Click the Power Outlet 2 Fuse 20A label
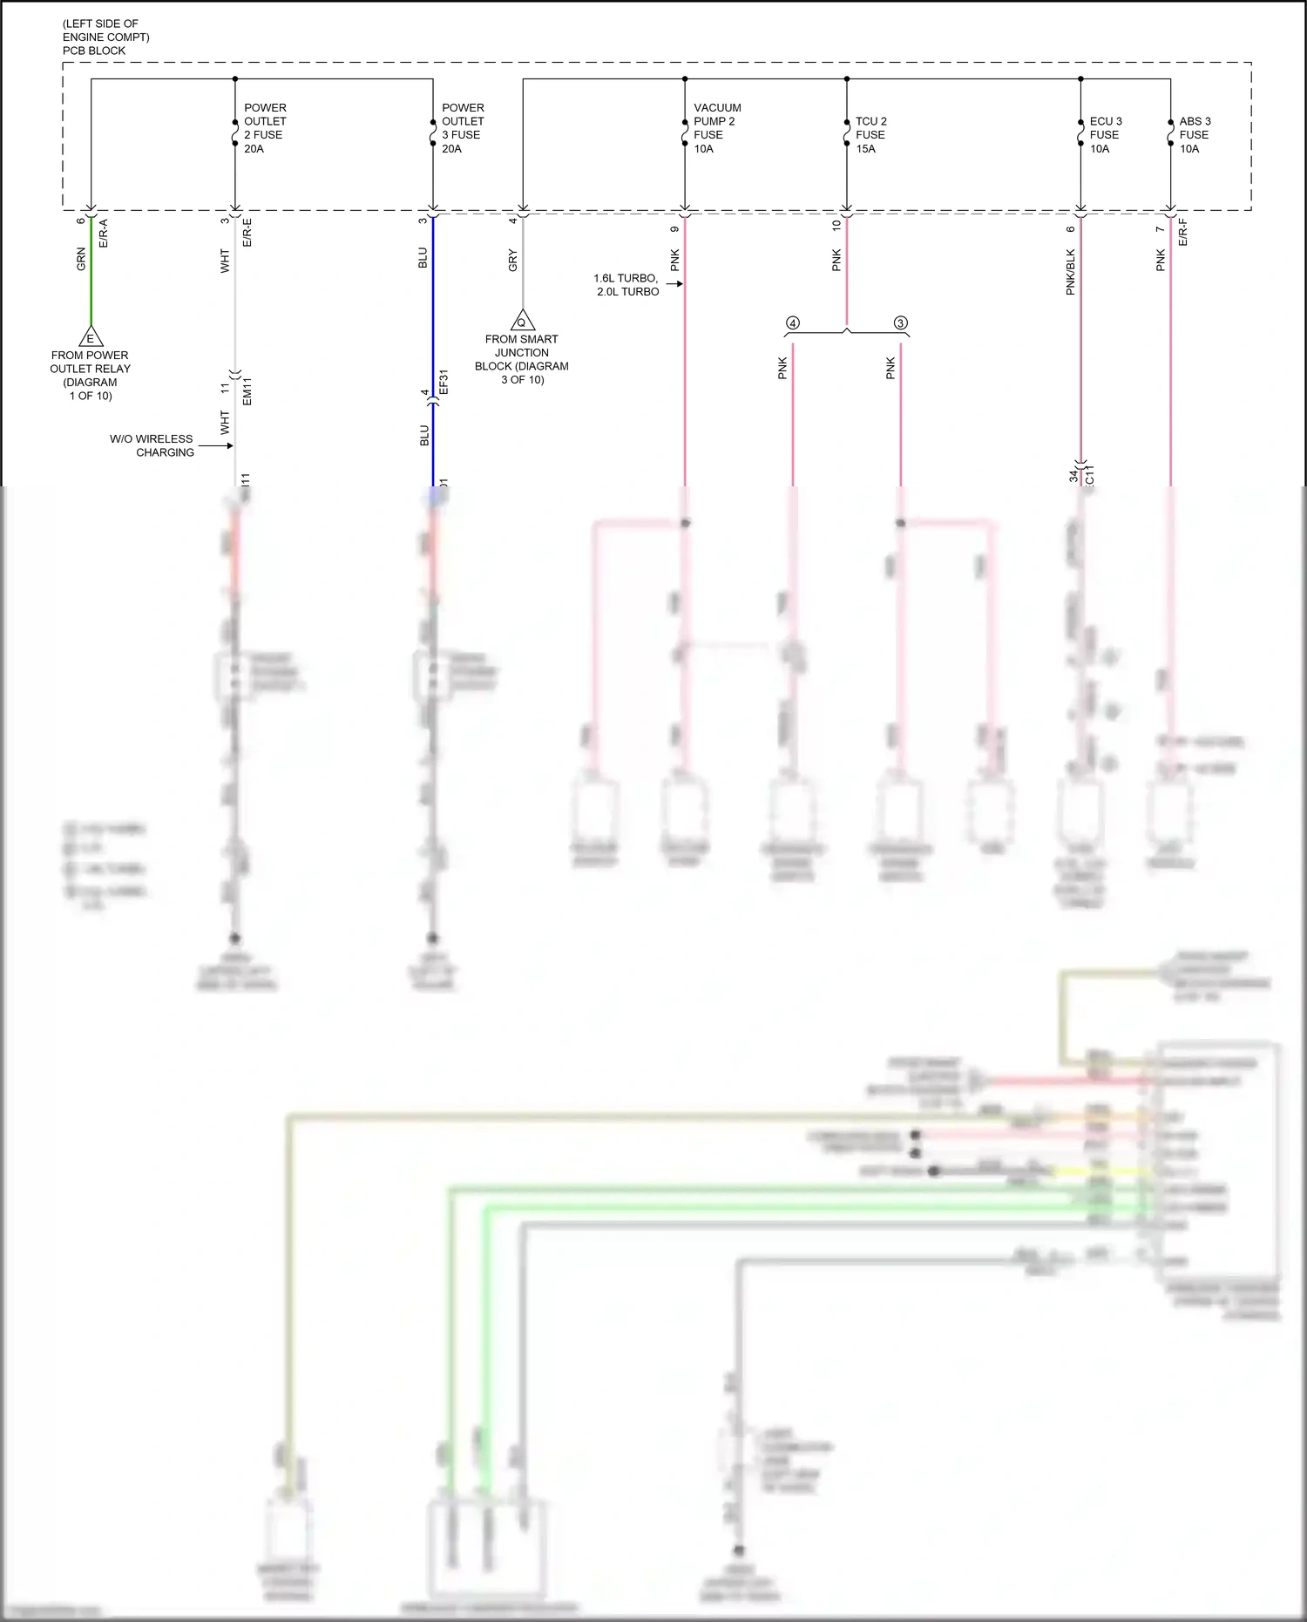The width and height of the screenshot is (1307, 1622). click(x=265, y=128)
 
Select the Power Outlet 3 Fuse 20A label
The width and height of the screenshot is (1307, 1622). click(x=463, y=128)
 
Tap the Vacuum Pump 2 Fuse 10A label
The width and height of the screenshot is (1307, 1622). click(x=716, y=128)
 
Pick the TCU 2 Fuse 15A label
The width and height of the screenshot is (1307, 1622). click(x=870, y=135)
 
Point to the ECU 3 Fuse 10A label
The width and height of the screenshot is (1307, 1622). click(x=1105, y=135)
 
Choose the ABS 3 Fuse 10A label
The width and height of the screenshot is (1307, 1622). click(x=1195, y=135)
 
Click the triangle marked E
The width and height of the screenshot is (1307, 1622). click(x=90, y=337)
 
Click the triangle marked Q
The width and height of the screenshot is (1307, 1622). click(x=522, y=321)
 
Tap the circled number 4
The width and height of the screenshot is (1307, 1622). click(x=792, y=323)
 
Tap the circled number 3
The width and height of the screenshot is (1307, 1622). click(x=901, y=323)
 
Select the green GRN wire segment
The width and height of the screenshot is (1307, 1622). click(x=91, y=279)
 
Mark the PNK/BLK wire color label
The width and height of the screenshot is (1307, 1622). click(x=1071, y=272)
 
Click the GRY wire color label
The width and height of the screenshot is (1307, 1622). click(x=512, y=260)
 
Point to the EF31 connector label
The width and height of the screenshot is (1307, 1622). click(x=444, y=383)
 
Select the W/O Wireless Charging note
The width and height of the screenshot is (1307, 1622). click(x=152, y=445)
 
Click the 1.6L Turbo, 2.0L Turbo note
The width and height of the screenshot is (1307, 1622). click(x=626, y=285)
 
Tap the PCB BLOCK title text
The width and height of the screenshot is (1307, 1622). click(x=94, y=51)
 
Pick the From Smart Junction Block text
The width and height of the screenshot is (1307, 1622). click(x=521, y=359)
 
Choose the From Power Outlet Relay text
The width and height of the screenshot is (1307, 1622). click(x=90, y=375)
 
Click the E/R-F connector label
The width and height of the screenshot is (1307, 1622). click(x=1183, y=233)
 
